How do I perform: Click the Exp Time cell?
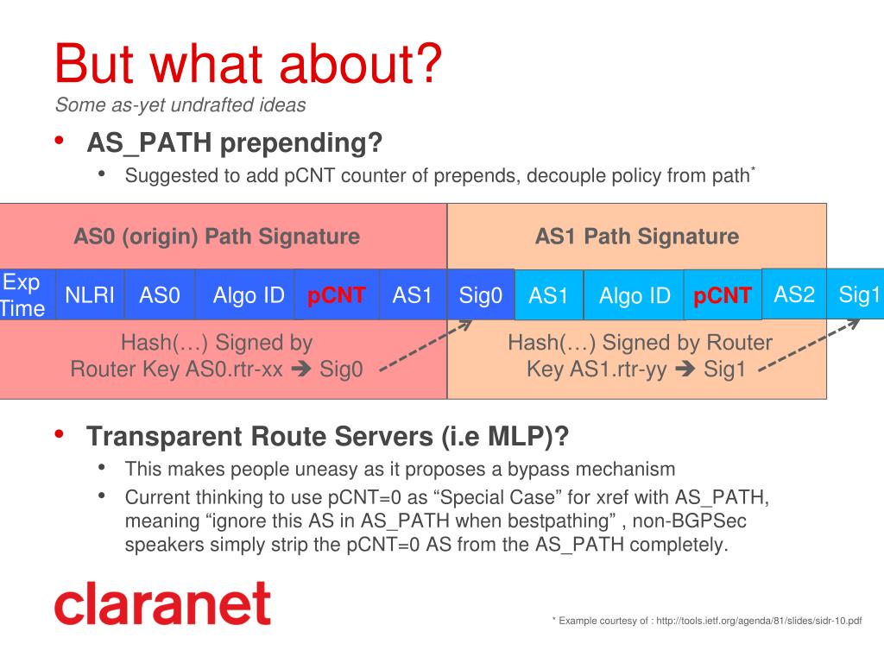pos(28,294)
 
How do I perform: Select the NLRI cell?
pos(90,294)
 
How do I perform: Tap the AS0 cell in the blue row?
pos(160,294)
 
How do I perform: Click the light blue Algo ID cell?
pos(634,295)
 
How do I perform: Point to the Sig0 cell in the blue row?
pos(481,294)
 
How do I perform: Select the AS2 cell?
pos(794,294)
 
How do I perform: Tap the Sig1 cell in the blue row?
pos(856,294)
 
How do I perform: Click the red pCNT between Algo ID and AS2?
pos(723,295)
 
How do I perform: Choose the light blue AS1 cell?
pos(549,295)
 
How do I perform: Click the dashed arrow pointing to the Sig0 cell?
pos(426,345)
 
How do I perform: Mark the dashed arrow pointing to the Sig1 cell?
pos(809,345)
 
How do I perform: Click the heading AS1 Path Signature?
pos(637,237)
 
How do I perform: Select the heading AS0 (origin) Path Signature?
pos(217,237)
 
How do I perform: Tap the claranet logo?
pos(162,603)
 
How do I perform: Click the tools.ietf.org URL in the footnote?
pos(759,621)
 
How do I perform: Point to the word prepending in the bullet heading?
pos(301,143)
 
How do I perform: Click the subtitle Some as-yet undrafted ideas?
pos(180,104)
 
